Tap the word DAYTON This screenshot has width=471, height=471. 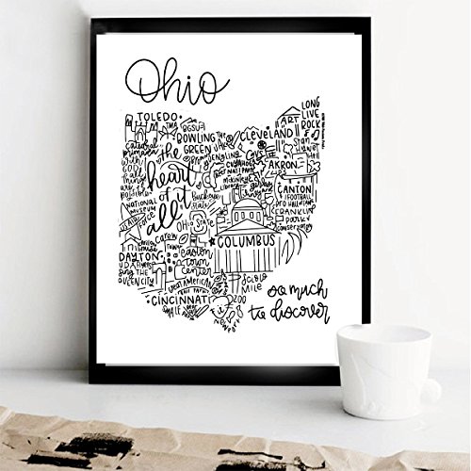pyautogui.click(x=139, y=256)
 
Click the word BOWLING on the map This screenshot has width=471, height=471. pyautogui.click(x=188, y=135)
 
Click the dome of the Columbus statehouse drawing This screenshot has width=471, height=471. pyautogui.click(x=246, y=208)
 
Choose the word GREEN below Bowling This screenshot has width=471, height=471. pyautogui.click(x=192, y=148)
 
